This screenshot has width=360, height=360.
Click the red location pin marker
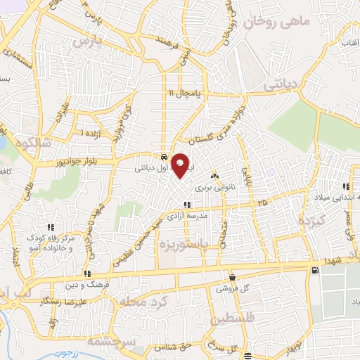[181, 166]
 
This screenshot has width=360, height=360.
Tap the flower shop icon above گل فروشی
[232, 278]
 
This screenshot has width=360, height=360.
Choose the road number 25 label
[262, 203]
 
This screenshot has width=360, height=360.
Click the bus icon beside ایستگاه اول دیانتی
[163, 157]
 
